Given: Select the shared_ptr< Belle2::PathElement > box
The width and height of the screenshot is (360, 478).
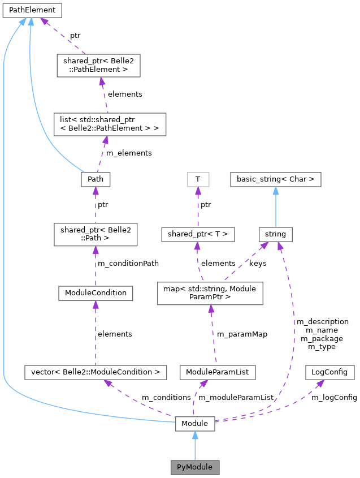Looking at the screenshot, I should (x=98, y=66).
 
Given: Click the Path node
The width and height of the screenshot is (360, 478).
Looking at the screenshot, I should (x=95, y=180).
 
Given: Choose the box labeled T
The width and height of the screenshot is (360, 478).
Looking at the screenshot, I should (x=198, y=180).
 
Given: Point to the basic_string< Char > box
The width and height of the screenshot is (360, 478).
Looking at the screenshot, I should (x=276, y=180).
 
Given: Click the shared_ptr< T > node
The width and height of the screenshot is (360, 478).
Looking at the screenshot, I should (x=198, y=233).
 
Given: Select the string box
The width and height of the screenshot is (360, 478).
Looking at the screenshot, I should (x=276, y=233).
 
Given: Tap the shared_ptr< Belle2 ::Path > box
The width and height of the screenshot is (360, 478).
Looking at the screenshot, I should (x=95, y=235).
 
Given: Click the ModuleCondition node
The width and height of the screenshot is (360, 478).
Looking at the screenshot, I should (x=96, y=293).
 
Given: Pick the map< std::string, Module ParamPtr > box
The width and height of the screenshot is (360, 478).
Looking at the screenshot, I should (x=210, y=293).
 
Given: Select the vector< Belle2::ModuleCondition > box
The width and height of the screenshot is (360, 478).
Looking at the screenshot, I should (x=96, y=372).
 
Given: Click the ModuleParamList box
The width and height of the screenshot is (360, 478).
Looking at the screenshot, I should (x=218, y=372).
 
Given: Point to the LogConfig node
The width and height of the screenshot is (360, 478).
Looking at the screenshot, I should (x=330, y=372).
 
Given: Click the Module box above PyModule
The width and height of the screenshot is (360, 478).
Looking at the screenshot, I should (x=195, y=423).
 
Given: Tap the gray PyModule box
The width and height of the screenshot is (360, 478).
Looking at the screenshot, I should (x=195, y=467).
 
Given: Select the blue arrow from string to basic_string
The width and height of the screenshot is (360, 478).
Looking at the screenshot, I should (x=276, y=207).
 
